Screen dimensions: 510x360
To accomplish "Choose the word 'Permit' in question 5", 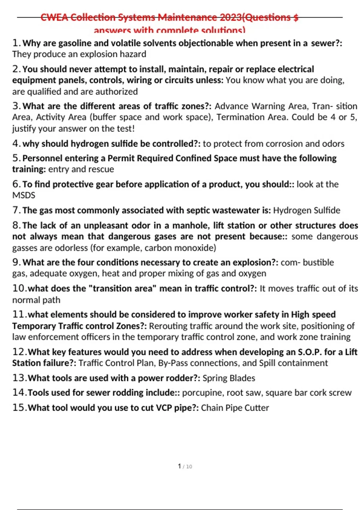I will [x=121, y=158].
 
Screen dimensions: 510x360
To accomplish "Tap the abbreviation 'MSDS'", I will [x=24, y=195].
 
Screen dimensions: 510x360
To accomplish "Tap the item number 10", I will [x=19, y=289].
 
